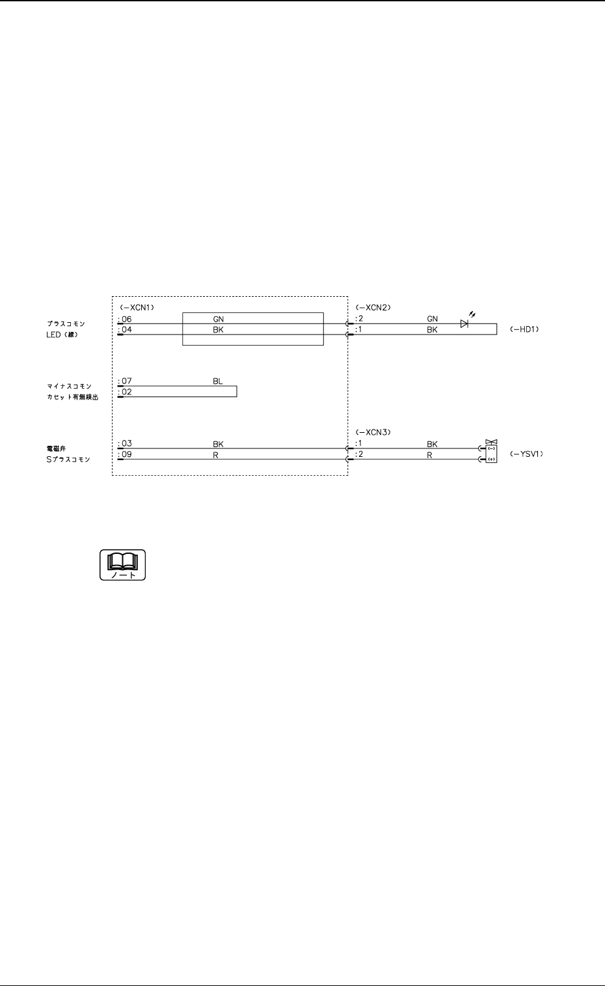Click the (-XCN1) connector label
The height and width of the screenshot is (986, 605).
tap(137, 307)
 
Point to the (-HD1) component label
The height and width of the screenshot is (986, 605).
tap(524, 330)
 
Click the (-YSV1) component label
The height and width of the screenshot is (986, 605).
tap(526, 454)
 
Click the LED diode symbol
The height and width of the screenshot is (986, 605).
tap(464, 323)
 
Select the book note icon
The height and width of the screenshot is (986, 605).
tap(122, 565)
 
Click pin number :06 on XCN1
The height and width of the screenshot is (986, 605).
tap(125, 319)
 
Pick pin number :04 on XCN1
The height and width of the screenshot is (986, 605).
tap(125, 330)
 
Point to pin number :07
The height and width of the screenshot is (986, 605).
tap(125, 381)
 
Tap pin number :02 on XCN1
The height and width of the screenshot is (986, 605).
tap(125, 392)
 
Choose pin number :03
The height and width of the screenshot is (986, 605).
tap(125, 444)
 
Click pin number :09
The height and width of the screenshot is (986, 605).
tap(125, 454)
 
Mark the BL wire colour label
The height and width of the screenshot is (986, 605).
tap(218, 381)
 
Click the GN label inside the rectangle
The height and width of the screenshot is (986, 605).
tap(218, 319)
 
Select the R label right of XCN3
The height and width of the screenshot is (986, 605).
tap(429, 455)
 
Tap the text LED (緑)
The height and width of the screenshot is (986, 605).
tap(62, 335)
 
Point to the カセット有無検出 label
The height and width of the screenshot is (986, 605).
tap(72, 397)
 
